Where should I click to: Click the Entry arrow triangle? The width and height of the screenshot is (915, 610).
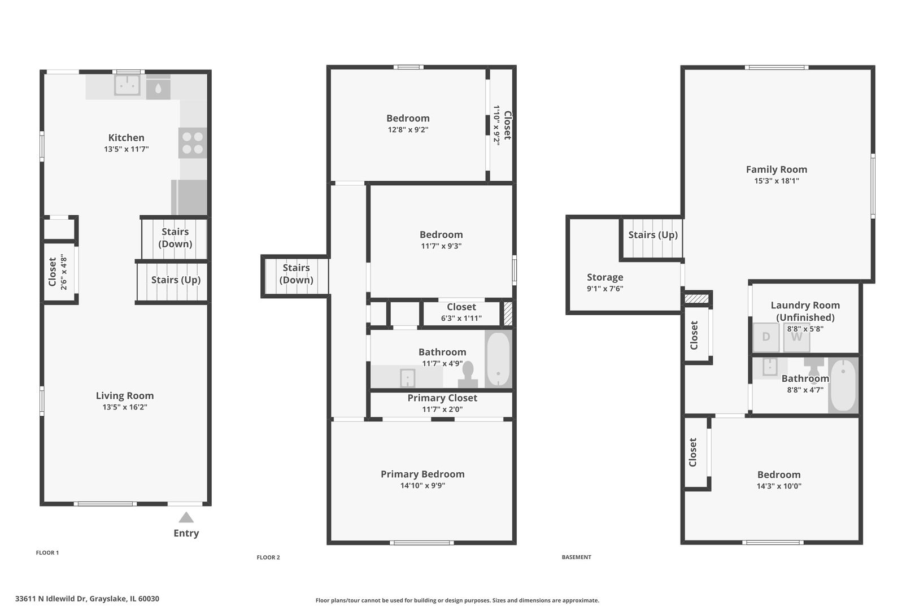pyautogui.click(x=186, y=517)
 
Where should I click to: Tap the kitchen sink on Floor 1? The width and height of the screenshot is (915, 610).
pyautogui.click(x=127, y=85)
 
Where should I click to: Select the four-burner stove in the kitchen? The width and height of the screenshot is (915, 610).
pyautogui.click(x=193, y=143)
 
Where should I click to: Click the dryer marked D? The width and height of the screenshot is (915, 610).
pyautogui.click(x=766, y=337)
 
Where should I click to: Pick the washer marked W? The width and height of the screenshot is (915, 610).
pyautogui.click(x=796, y=337)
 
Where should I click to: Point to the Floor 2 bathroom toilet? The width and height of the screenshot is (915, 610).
pyautogui.click(x=468, y=374)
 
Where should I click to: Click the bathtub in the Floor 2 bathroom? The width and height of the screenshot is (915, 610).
pyautogui.click(x=498, y=359)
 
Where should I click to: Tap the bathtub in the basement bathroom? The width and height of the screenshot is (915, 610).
pyautogui.click(x=843, y=385)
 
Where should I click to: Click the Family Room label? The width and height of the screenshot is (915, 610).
pyautogui.click(x=777, y=169)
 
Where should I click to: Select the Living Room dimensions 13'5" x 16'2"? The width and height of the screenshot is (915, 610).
pyautogui.click(x=125, y=407)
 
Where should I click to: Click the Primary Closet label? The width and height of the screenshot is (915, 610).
pyautogui.click(x=442, y=398)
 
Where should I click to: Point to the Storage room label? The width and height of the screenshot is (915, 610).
pyautogui.click(x=605, y=277)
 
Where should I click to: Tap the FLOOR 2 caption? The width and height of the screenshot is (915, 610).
pyautogui.click(x=268, y=557)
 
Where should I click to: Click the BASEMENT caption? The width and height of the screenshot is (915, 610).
pyautogui.click(x=576, y=557)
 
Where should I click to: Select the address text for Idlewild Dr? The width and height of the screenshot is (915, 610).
pyautogui.click(x=87, y=599)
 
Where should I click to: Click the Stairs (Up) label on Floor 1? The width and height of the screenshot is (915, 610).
pyautogui.click(x=176, y=280)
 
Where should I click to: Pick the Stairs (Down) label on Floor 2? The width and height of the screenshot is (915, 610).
pyautogui.click(x=296, y=274)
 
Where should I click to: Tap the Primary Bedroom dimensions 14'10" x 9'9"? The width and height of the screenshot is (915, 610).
pyautogui.click(x=423, y=485)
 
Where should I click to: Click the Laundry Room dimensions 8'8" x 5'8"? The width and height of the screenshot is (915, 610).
pyautogui.click(x=805, y=329)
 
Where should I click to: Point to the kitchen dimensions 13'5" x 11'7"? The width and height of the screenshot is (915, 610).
pyautogui.click(x=126, y=149)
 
